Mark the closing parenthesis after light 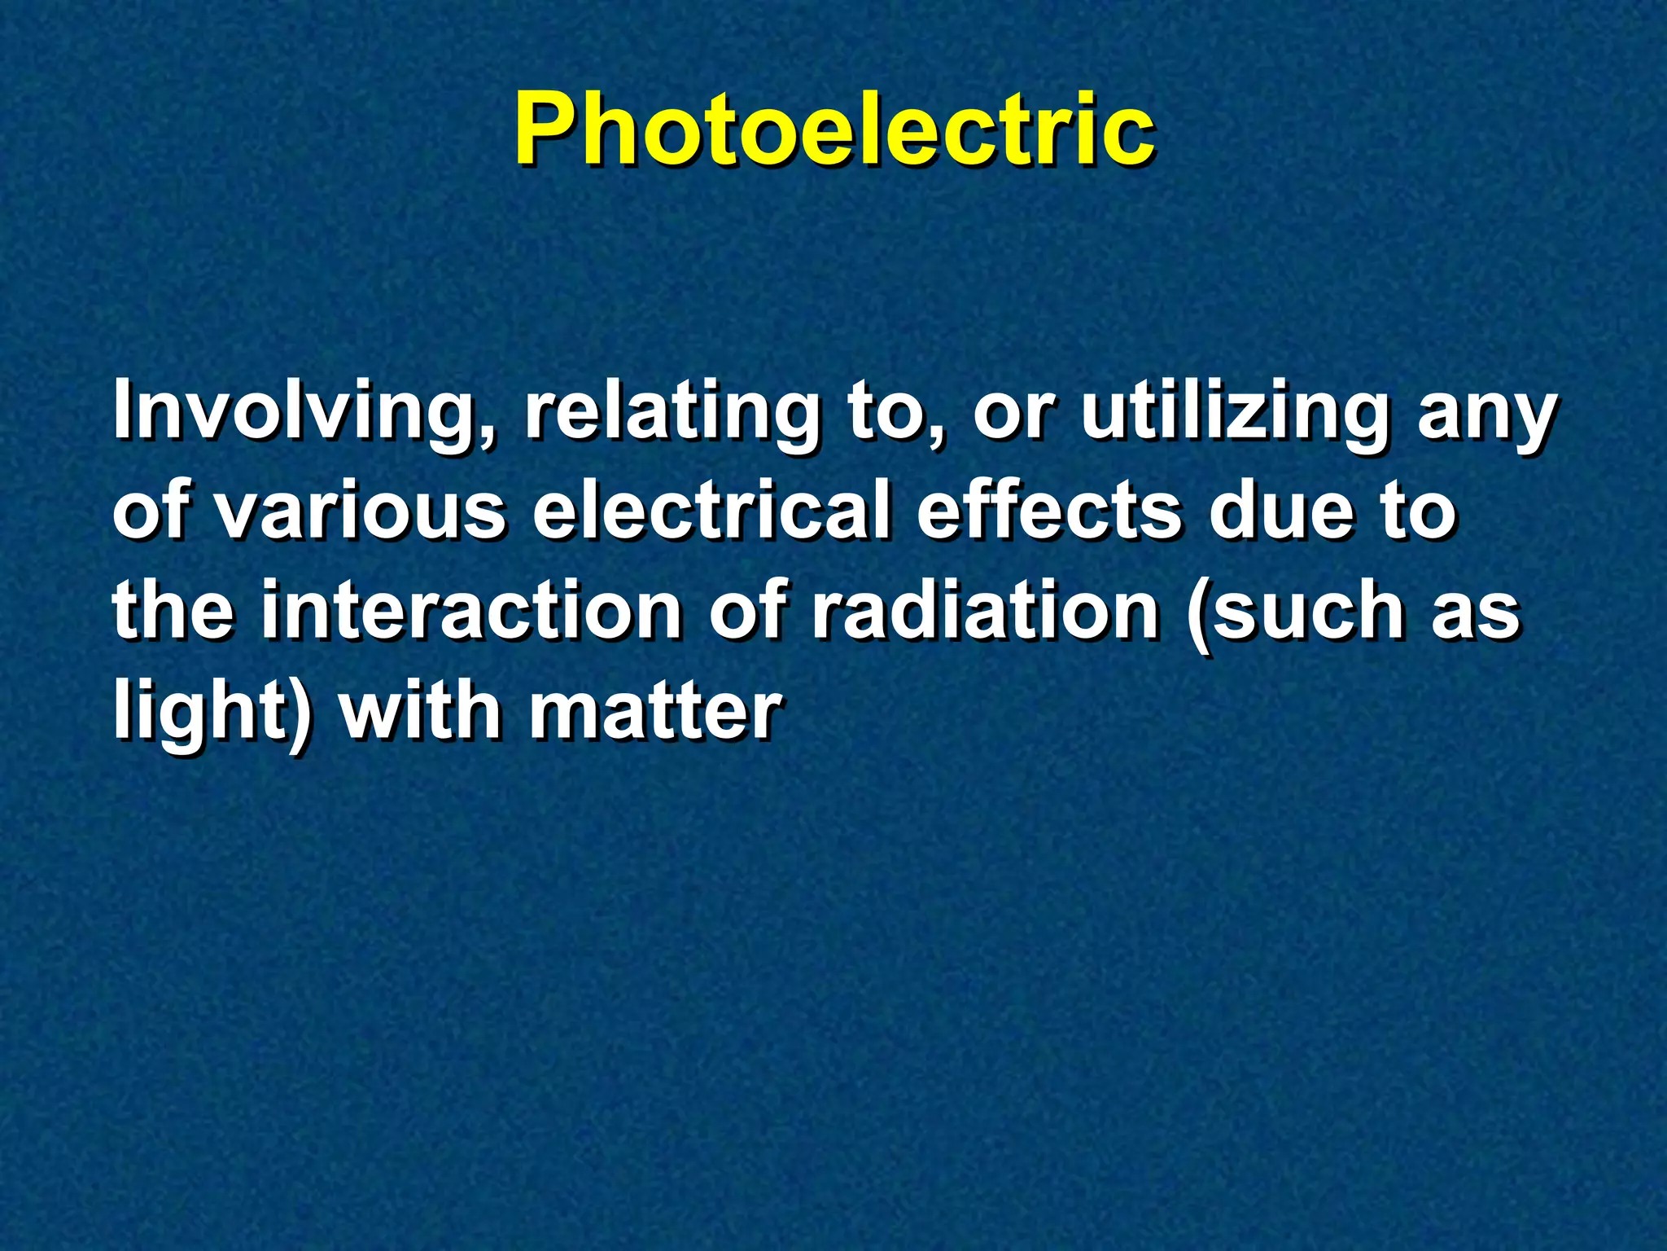300,713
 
